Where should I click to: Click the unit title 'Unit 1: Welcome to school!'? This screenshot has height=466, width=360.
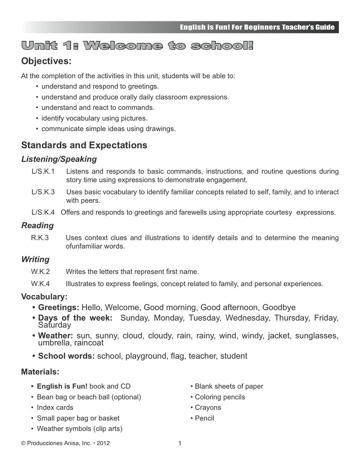point(137,46)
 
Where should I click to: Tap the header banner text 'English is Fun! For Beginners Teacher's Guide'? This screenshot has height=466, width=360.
point(257,28)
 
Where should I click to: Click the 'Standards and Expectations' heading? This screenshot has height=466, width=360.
point(84,145)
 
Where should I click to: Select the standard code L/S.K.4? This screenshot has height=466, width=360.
point(43,212)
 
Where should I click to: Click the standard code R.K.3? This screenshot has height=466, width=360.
point(40,238)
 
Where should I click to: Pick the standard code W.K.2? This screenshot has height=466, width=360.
point(40,271)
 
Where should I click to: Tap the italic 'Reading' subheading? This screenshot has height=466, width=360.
point(38,226)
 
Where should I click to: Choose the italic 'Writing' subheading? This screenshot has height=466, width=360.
point(35,259)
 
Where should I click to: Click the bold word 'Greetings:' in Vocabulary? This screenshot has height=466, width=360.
point(58,308)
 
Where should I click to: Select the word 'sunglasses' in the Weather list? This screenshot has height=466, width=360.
point(317,336)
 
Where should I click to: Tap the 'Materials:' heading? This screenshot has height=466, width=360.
point(40,372)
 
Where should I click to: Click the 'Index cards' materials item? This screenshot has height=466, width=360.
point(55,407)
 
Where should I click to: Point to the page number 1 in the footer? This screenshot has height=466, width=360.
point(180,443)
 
